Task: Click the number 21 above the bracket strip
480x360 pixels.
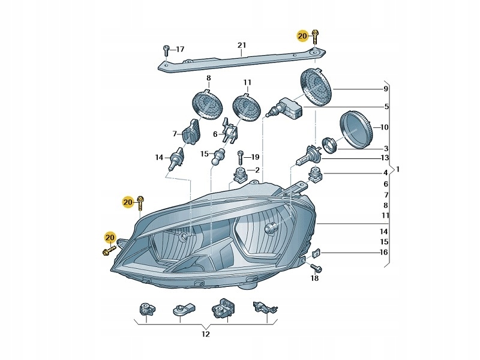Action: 241,46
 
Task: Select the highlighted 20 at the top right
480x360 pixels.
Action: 302,37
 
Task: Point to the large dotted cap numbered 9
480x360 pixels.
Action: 316,88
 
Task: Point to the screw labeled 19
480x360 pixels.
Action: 239,157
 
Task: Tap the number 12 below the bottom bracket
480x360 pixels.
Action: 205,334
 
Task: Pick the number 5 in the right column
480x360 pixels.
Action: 386,107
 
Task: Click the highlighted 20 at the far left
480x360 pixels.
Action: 109,238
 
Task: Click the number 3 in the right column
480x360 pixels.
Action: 386,148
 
